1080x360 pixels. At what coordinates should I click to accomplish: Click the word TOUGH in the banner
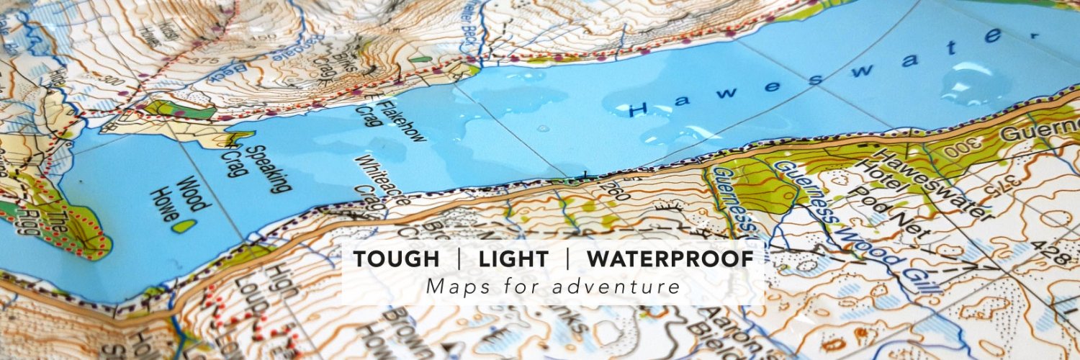[x=397, y=260]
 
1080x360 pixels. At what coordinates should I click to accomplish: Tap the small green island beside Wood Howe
[x=185, y=225]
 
